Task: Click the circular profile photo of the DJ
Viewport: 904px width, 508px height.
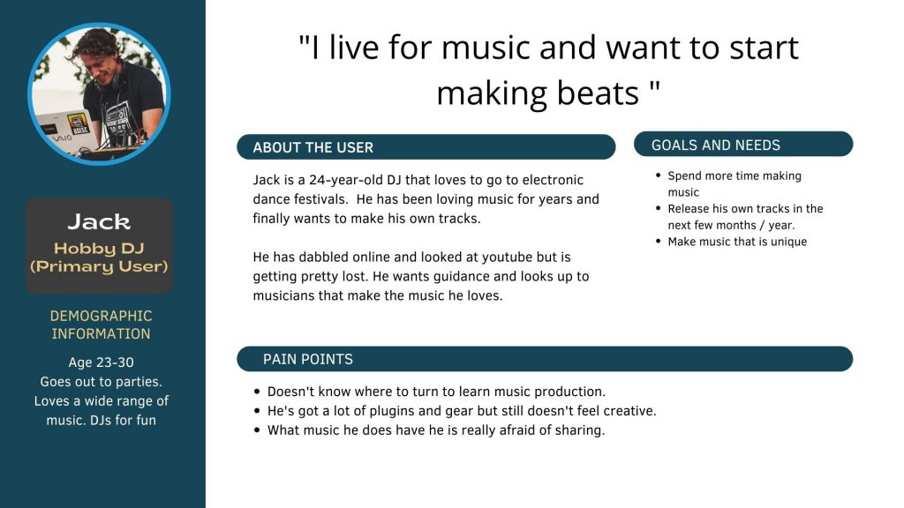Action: [x=99, y=93]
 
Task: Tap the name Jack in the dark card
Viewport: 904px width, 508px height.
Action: [x=99, y=221]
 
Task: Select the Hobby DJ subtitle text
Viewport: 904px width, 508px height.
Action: [x=99, y=248]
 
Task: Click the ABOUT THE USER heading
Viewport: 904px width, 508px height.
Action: [x=313, y=147]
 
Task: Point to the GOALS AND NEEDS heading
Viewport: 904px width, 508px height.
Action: [x=716, y=146]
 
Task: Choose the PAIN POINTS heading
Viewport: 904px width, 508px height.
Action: [x=308, y=360]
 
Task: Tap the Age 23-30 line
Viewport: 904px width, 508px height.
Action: [x=101, y=362]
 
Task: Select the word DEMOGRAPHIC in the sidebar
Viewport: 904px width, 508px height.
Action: [x=101, y=316]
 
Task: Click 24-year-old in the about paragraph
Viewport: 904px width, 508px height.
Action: [x=346, y=180]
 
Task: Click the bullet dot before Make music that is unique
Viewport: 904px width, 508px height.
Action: [x=659, y=241]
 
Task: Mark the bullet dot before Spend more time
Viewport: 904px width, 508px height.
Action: [x=659, y=176]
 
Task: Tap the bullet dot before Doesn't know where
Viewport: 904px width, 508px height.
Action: [x=257, y=392]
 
